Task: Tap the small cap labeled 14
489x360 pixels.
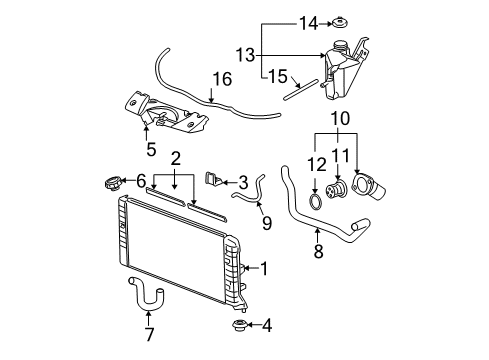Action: [x=340, y=22]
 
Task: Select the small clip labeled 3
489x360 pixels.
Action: [x=212, y=179]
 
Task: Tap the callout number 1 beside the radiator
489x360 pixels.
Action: [x=264, y=267]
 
